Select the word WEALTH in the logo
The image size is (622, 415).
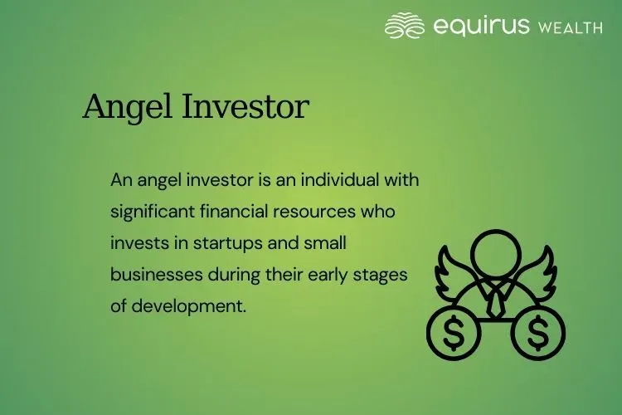point(570,27)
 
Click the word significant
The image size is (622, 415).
point(153,212)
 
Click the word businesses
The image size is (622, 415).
point(150,274)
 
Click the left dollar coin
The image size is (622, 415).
point(454,334)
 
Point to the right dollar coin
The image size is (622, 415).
point(538,334)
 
